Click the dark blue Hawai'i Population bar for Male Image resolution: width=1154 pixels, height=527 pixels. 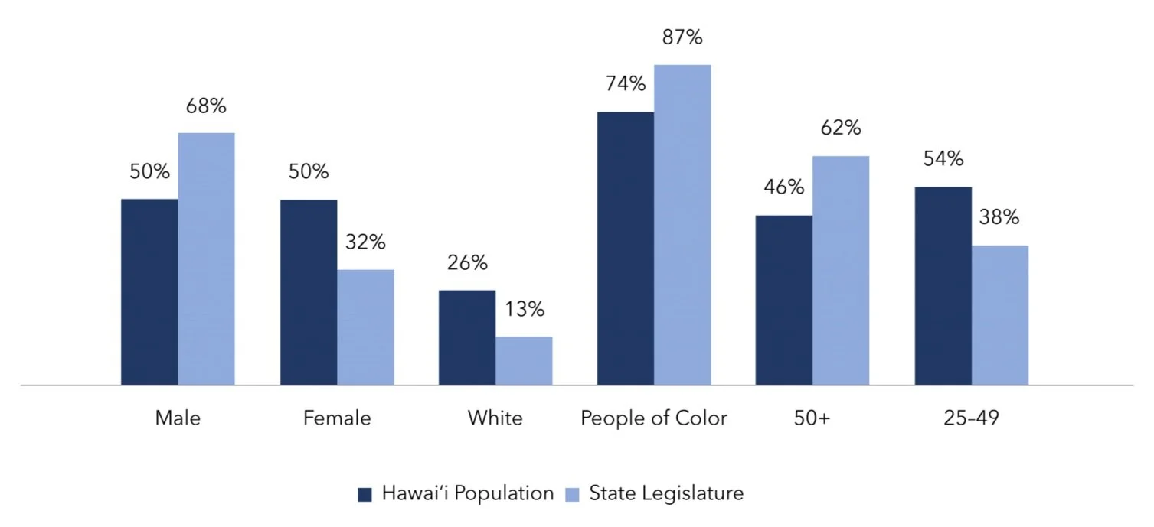point(149,292)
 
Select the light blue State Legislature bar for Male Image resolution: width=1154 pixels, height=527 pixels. point(206,259)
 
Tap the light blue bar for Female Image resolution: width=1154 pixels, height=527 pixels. point(365,327)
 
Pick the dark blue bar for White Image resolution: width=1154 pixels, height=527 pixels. point(467,337)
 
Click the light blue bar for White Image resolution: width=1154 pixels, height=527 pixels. point(524,361)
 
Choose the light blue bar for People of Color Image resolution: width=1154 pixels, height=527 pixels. point(682,225)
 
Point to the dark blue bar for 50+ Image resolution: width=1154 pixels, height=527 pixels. point(784,300)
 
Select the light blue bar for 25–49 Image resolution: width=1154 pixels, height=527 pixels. point(1000,315)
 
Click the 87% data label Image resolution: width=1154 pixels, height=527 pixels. point(682,37)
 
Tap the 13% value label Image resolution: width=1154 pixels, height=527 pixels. point(525,309)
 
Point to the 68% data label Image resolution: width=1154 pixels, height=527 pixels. point(206,106)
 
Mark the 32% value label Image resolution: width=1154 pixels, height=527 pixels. point(365,242)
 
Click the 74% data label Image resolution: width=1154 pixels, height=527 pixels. point(626,83)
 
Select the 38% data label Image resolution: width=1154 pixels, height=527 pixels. point(999,217)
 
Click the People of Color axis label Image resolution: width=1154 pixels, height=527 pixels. point(654,418)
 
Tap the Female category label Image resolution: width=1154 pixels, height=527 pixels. point(337,418)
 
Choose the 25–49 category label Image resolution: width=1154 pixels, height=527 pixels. point(971,418)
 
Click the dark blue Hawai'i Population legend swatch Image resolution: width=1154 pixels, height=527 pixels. point(365,495)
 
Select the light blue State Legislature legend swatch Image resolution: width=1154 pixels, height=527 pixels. point(572,495)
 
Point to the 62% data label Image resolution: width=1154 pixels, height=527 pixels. point(841,128)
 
